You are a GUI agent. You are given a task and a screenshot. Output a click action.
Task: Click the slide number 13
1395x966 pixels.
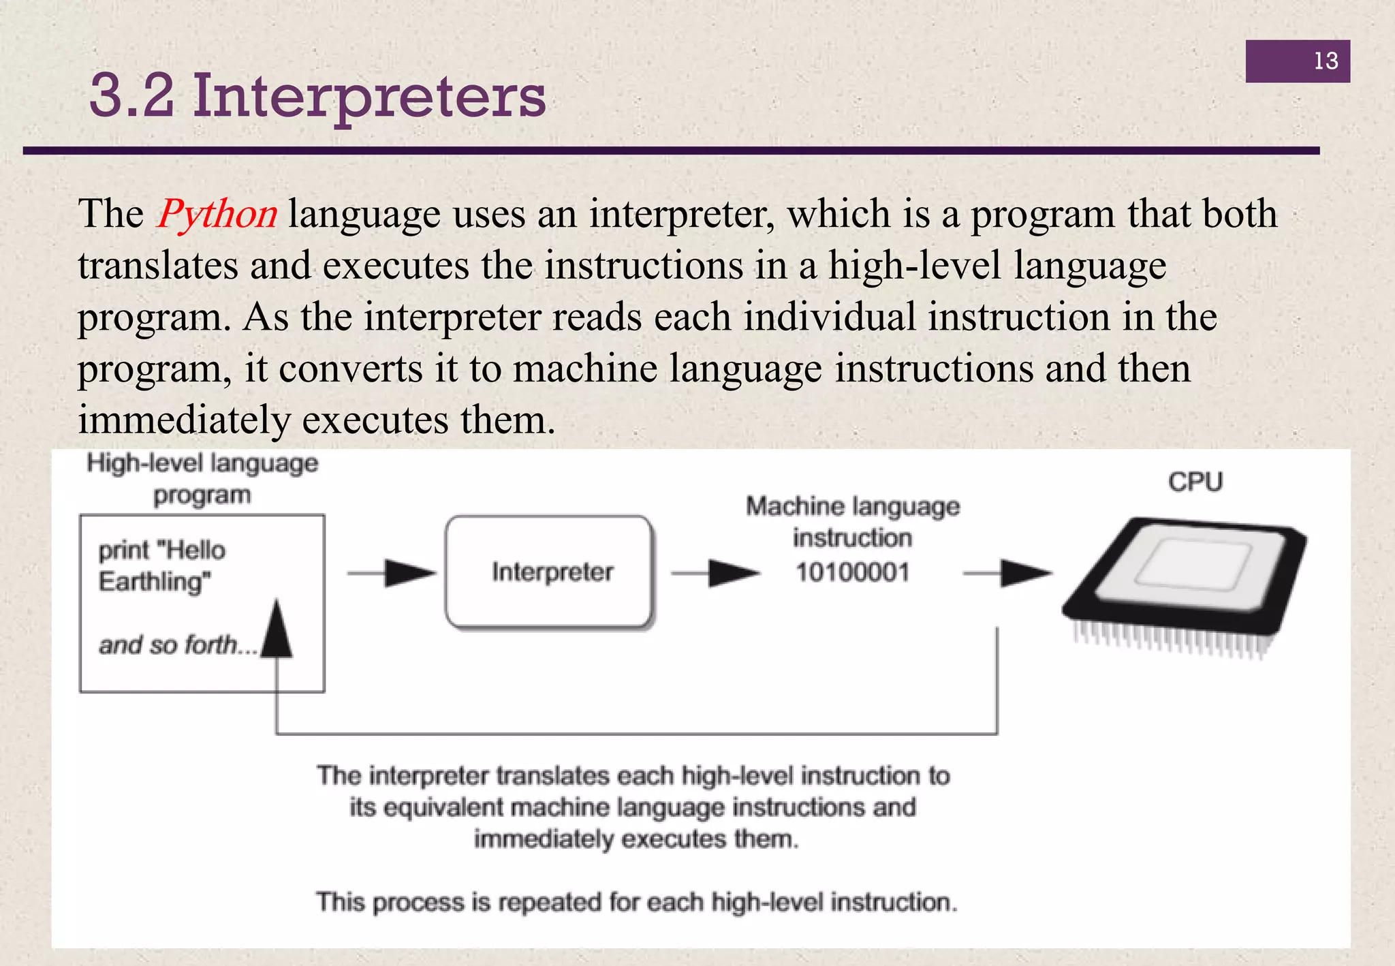point(1326,61)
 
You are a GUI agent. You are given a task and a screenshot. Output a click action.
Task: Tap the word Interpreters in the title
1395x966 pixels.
point(369,97)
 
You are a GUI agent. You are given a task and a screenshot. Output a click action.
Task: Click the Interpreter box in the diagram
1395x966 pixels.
point(549,572)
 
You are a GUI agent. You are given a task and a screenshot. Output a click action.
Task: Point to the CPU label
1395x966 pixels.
point(1195,482)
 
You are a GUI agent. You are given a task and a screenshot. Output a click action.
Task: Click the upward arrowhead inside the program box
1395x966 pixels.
point(277,630)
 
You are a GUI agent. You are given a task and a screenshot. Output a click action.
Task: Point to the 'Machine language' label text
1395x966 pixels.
point(852,507)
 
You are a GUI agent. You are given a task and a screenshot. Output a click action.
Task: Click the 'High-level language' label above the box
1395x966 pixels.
point(202,464)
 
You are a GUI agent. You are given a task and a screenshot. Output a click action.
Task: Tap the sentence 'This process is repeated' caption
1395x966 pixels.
point(636,902)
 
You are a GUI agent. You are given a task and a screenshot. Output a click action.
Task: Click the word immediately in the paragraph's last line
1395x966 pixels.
point(184,420)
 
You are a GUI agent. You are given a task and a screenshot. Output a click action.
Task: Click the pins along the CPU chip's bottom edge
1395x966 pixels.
point(1168,640)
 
